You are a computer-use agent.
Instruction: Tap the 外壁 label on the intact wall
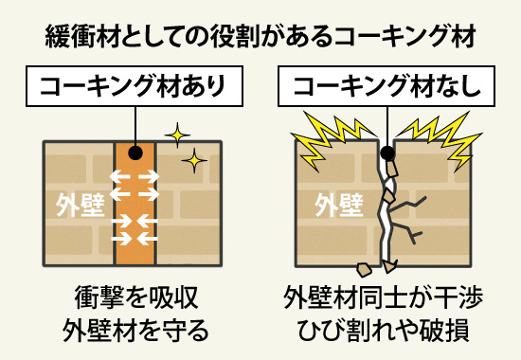coord(78,202)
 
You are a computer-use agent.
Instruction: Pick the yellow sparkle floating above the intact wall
coord(176,134)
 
